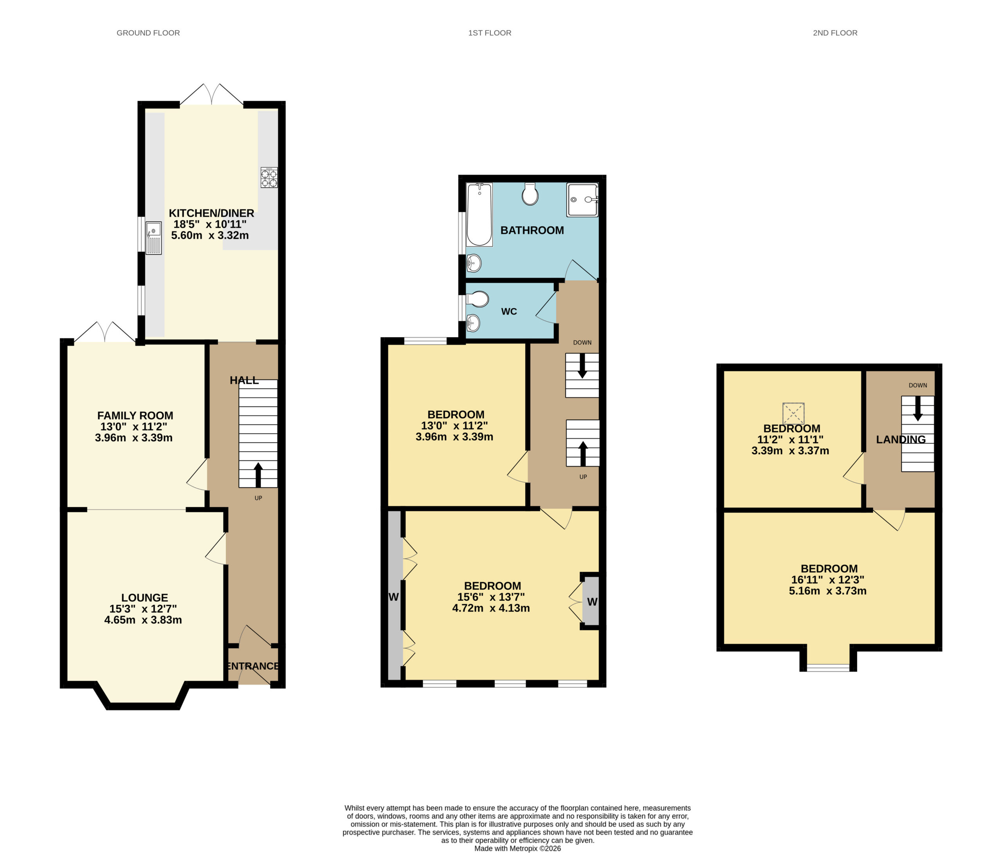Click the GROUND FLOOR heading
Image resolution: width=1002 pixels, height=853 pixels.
coord(148,33)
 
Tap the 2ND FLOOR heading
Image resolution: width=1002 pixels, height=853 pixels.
coord(835,33)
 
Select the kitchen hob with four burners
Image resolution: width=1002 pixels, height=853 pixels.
coord(269,177)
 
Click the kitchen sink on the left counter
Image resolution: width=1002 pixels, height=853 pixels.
coord(154,238)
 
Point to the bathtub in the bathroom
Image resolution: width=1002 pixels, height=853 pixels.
coord(479,215)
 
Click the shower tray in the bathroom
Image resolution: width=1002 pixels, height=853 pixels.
coord(582,200)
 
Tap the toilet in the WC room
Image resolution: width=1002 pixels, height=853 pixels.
coord(477,299)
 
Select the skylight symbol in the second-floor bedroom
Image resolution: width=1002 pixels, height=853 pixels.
coord(793,414)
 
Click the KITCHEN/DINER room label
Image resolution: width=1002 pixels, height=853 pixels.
coord(211,213)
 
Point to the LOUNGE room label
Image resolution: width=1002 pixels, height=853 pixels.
coord(144,598)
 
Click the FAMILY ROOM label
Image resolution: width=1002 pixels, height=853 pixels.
coord(135,416)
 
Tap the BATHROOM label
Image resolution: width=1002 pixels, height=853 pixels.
coord(532,230)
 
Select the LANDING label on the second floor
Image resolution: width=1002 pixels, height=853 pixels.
coord(901,439)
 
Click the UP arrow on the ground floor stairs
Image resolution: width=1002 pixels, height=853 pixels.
coord(258,475)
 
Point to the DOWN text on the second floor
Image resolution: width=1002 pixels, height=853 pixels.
coord(917,385)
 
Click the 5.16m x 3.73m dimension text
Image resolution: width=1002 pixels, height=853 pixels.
coord(827,591)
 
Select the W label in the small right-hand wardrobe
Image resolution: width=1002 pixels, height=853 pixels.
coord(592,602)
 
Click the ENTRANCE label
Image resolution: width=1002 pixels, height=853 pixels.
coord(253,666)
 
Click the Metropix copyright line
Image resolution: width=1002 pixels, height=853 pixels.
coord(517,848)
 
